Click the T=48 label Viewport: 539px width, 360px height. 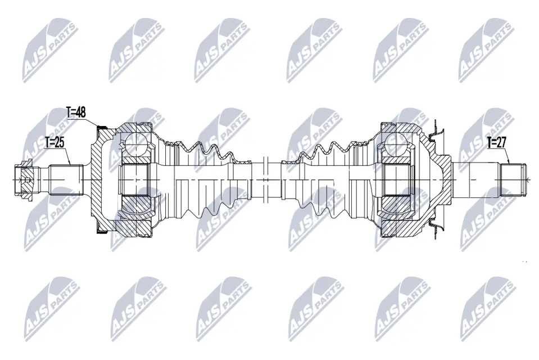pyautogui.click(x=76, y=112)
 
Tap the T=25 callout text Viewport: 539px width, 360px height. pyautogui.click(x=55, y=142)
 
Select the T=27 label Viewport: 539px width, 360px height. pyautogui.click(x=497, y=142)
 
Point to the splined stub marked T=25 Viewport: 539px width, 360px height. pyautogui.click(x=66, y=179)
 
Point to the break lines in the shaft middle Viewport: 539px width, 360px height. pyautogui.click(x=266, y=179)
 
